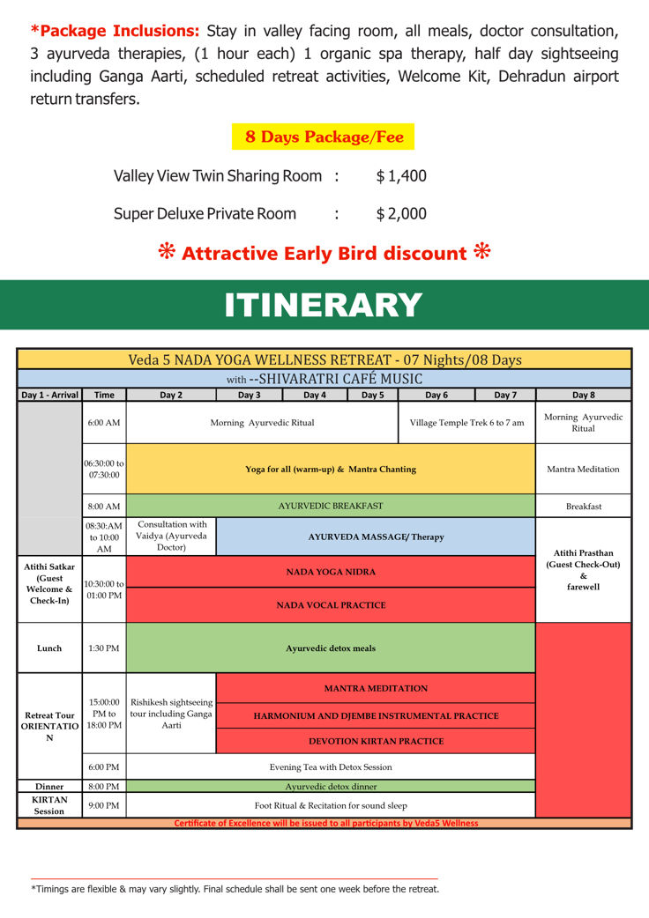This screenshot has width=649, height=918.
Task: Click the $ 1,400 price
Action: point(401,176)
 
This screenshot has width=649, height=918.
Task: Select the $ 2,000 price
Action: point(401,214)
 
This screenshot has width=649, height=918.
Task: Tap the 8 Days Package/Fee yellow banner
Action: point(323,137)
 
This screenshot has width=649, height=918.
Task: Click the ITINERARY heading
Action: point(324,305)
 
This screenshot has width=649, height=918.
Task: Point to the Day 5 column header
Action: point(373,396)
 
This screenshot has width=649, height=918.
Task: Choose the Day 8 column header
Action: point(583,396)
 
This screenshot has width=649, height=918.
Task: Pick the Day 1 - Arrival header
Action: point(49,396)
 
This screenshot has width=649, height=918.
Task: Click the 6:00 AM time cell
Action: point(104,423)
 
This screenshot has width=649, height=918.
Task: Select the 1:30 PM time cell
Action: point(104,648)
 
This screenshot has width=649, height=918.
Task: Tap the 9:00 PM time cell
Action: point(104,805)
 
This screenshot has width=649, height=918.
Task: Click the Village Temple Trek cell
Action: point(466,423)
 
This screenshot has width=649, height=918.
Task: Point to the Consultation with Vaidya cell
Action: point(171,537)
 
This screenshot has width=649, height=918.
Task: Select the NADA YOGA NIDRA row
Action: point(331,573)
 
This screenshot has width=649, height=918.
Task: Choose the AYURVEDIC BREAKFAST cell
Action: point(331,507)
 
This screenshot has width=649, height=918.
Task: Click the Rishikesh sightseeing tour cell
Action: point(171,714)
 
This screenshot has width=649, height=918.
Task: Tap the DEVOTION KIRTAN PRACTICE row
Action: point(376,742)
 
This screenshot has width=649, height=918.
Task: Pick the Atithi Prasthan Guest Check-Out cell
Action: point(583,570)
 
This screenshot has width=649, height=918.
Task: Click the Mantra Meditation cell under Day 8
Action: point(583,470)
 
